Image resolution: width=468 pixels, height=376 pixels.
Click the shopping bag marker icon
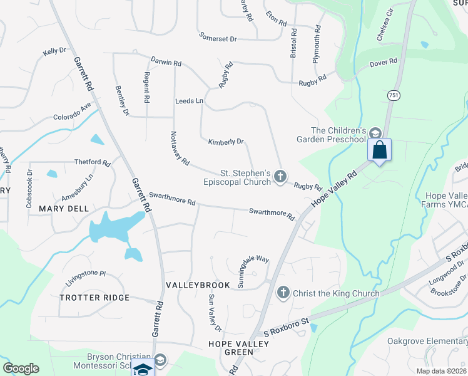pyautogui.click(x=379, y=150)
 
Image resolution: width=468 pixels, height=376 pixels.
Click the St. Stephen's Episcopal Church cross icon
pyautogui.click(x=280, y=177)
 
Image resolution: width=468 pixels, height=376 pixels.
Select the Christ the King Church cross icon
pyautogui.click(x=283, y=293)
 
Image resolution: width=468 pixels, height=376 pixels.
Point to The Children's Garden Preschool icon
pyautogui.click(x=375, y=133)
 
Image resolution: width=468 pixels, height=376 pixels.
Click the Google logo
pyautogui.click(x=21, y=368)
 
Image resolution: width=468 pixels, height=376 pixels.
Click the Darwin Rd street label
pyautogui.click(x=166, y=63)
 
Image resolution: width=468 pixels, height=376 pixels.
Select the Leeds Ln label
pyautogui.click(x=190, y=101)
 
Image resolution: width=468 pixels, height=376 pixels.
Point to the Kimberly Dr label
pyautogui.click(x=226, y=142)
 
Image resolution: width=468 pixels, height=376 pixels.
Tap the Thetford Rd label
pyautogui.click(x=92, y=163)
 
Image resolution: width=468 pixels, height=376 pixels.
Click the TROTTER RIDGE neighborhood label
pyautogui.click(x=94, y=298)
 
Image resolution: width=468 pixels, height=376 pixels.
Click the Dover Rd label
pyautogui.click(x=384, y=62)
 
